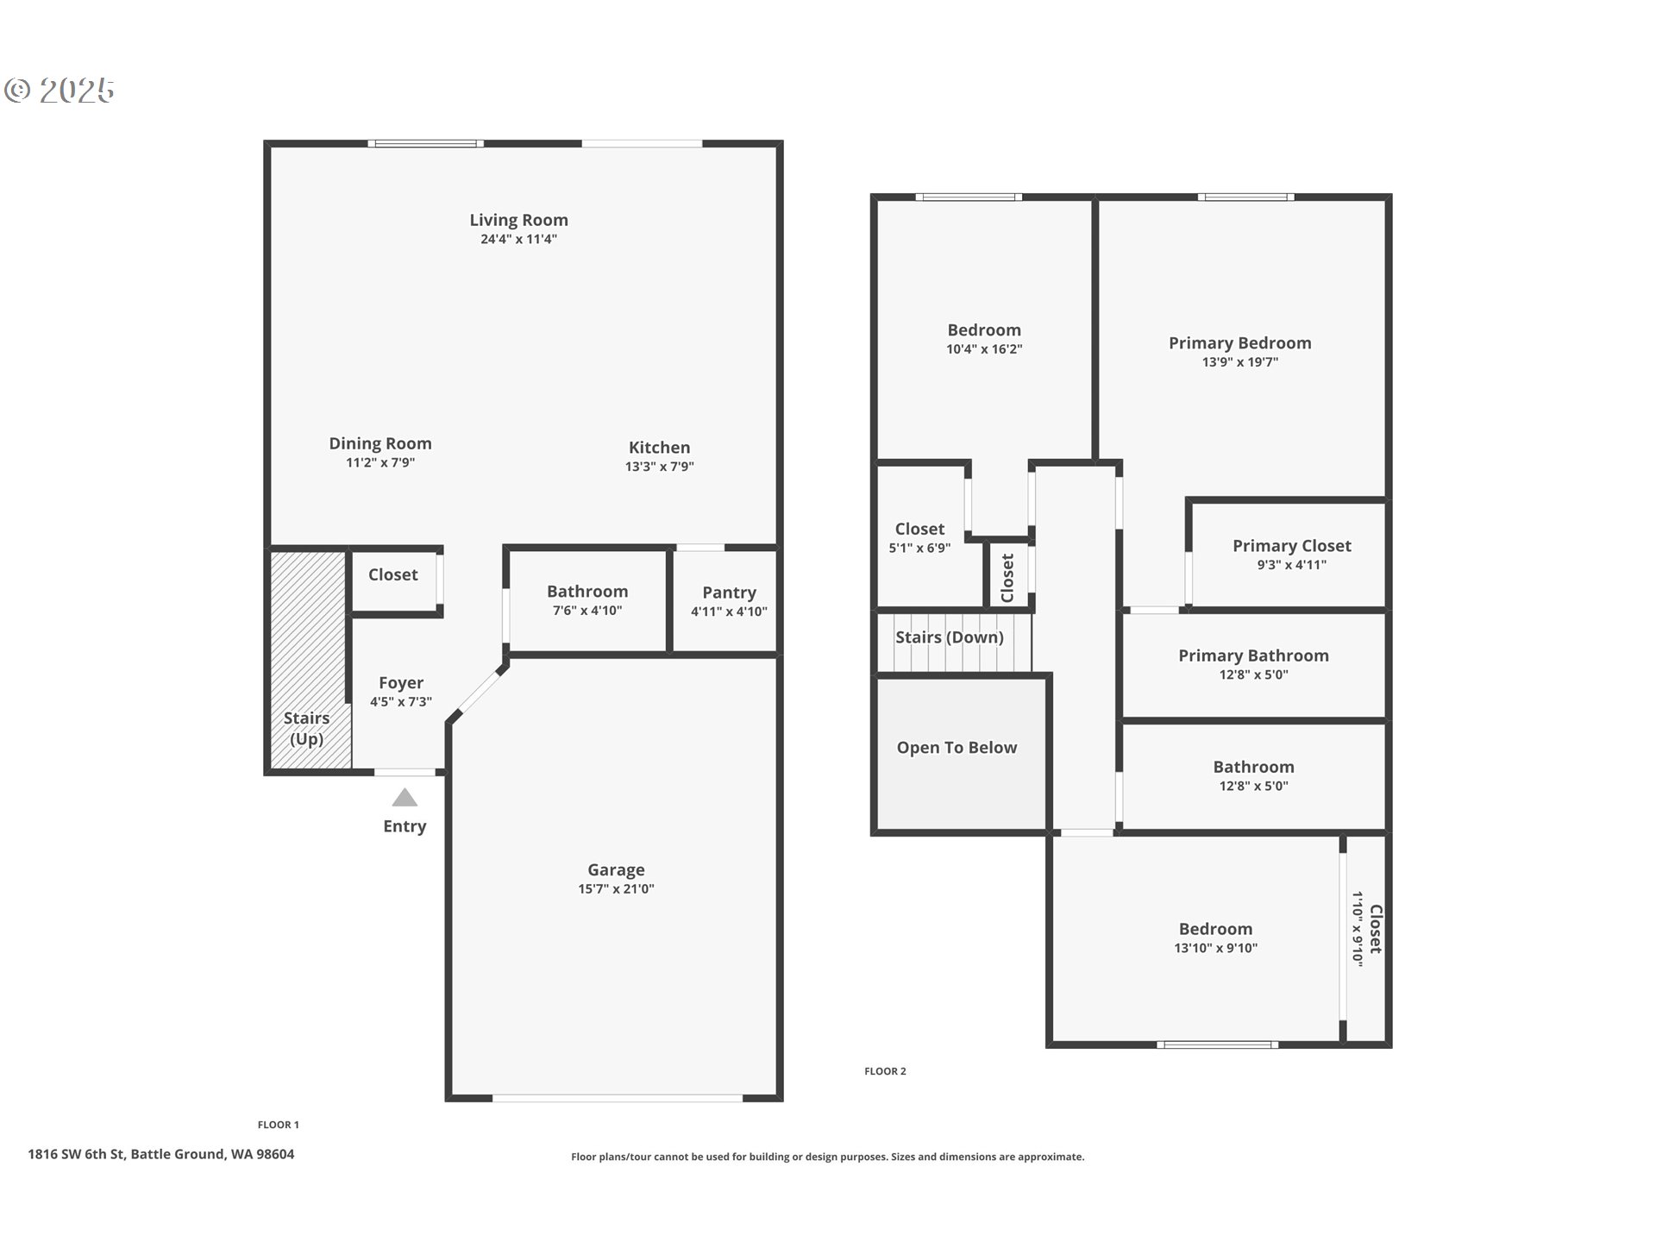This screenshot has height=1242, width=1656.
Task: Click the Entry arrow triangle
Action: pyautogui.click(x=405, y=797)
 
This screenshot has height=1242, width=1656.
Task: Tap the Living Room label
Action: pyautogui.click(x=518, y=220)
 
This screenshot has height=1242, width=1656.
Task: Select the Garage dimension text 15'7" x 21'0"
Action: pyautogui.click(x=616, y=889)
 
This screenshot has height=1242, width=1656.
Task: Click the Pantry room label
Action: pyautogui.click(x=729, y=593)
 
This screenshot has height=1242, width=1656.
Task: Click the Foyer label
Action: pyautogui.click(x=401, y=683)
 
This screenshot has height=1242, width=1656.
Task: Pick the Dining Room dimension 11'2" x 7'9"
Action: pyautogui.click(x=380, y=463)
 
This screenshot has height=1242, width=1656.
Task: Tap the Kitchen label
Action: pyautogui.click(x=659, y=448)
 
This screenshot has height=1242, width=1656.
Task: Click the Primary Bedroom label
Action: pyautogui.click(x=1239, y=343)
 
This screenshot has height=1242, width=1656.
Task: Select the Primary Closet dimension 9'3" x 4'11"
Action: pyautogui.click(x=1291, y=565)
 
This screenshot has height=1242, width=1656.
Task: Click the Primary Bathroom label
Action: pyautogui.click(x=1253, y=655)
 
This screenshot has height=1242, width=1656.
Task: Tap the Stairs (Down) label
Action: pyautogui.click(x=949, y=637)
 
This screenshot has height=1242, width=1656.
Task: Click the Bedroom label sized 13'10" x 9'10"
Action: pyautogui.click(x=1215, y=929)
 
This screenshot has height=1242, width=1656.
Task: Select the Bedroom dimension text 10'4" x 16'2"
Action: pyautogui.click(x=984, y=349)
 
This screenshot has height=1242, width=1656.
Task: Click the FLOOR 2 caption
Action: pyautogui.click(x=885, y=1071)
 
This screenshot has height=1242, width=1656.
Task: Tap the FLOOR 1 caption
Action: pyautogui.click(x=278, y=1125)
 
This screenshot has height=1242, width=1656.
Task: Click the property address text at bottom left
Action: pyautogui.click(x=161, y=1154)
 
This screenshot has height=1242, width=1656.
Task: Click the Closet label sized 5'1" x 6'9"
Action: pyautogui.click(x=919, y=529)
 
